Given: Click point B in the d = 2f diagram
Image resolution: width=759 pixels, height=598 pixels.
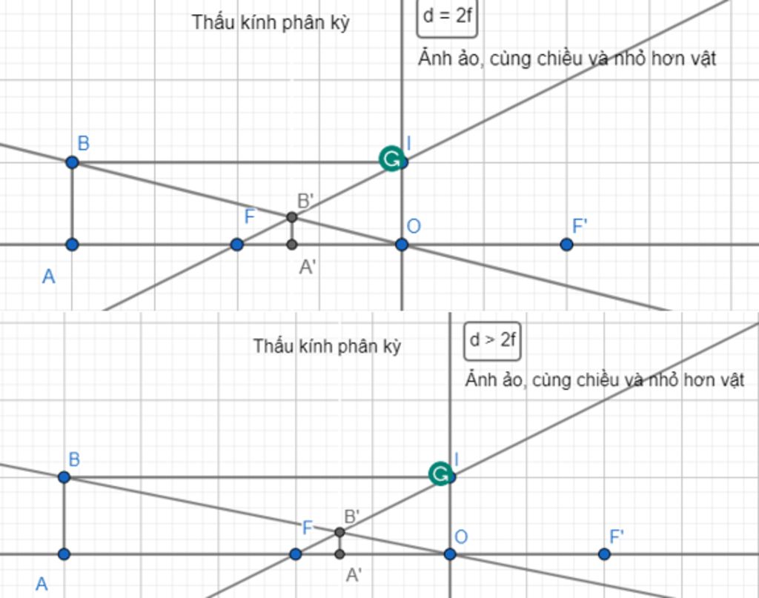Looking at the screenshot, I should click(72, 162).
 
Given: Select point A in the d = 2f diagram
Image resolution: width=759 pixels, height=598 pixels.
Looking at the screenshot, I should click(72, 245).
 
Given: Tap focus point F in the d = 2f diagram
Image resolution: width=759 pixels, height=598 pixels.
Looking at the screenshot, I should click(236, 245).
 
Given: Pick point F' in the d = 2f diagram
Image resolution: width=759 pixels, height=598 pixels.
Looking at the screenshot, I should click(566, 245).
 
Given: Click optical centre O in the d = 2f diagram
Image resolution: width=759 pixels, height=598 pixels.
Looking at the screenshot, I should click(402, 245).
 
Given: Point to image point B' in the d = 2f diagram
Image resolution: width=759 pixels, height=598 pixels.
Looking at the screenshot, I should click(292, 217).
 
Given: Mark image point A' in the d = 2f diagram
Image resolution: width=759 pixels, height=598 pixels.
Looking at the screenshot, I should click(292, 245).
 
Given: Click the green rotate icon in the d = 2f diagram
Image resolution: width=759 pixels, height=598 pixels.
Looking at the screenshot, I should click(390, 158).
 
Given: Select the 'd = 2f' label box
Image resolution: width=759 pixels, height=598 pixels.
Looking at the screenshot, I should click(447, 16).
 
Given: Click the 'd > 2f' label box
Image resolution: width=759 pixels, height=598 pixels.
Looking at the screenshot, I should click(492, 340).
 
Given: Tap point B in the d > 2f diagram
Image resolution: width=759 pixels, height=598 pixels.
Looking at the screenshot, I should click(64, 477).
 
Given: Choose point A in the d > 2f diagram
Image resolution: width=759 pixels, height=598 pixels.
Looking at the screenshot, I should click(64, 554).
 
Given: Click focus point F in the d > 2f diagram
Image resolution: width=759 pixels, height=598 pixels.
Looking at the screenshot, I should click(296, 554).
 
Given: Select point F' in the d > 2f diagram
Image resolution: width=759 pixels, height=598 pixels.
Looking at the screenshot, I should click(604, 554).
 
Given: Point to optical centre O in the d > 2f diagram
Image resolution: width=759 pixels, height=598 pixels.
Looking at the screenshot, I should click(450, 554).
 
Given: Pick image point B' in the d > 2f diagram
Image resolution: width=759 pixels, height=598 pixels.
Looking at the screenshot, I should click(339, 532).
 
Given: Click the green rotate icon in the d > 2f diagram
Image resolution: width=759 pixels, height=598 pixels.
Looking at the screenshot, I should click(440, 474).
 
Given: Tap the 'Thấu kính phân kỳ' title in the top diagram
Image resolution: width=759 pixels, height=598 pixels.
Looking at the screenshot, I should click(271, 22).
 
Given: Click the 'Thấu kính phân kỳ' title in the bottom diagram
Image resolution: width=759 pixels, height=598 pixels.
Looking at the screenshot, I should click(327, 346).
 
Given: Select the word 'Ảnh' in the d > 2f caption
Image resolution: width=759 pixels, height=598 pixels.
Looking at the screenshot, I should click(480, 380).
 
